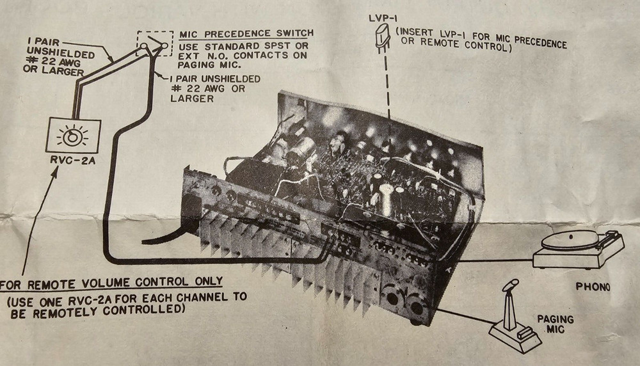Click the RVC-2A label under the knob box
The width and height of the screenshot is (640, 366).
[72, 160]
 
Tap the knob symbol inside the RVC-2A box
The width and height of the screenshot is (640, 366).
[72, 137]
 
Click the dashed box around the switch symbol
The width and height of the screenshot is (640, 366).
[154, 44]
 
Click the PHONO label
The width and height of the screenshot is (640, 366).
[592, 287]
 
